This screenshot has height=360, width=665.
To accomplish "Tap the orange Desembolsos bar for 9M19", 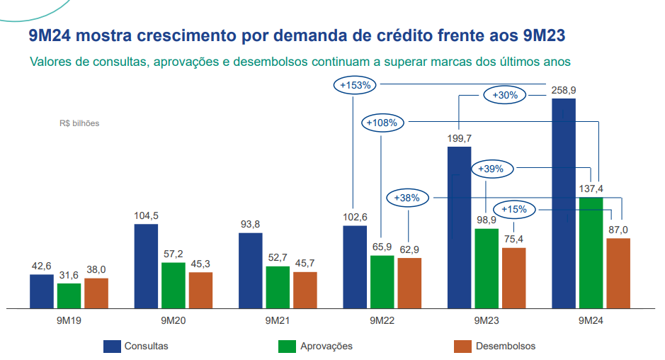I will coord(96,293).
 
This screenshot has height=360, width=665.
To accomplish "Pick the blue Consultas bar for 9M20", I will coord(146,266).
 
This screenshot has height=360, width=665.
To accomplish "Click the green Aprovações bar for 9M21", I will coord(278,287).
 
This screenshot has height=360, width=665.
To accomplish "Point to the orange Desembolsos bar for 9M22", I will coord(409,283).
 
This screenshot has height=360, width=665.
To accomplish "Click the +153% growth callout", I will coord(356,85).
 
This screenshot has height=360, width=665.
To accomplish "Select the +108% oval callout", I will coord(383,123).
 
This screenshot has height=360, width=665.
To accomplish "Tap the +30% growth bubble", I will coord(505,94).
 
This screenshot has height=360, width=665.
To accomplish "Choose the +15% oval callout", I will coord(514,209).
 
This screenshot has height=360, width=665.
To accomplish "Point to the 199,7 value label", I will coord(459,138).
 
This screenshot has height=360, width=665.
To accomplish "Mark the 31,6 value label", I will coord(69,275).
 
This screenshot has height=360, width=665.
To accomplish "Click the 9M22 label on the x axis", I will coord(382,320).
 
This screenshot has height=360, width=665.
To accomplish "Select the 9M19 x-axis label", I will coord(69,320).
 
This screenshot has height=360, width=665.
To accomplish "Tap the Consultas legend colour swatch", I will coord(111,346).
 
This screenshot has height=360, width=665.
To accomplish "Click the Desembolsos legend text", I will coord(506,346).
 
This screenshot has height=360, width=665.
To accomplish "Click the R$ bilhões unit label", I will coord(79,123).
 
